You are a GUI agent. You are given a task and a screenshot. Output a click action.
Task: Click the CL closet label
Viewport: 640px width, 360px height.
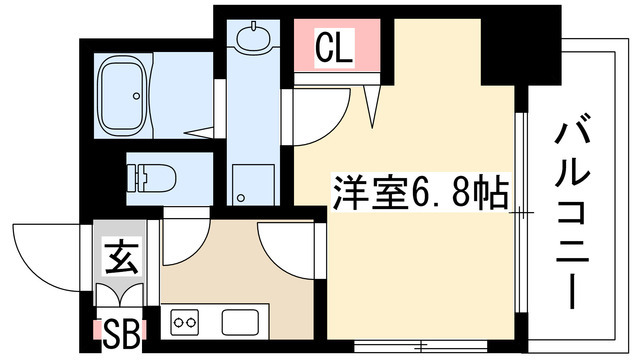(334, 48)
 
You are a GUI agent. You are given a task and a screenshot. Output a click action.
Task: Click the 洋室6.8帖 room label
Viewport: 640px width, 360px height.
(418, 190)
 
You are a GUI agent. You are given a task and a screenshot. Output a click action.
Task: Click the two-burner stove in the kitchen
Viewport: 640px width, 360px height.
(185, 323)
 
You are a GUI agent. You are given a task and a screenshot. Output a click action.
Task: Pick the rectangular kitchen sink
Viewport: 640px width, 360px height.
(241, 323)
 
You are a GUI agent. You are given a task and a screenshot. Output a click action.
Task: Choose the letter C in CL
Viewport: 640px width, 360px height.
(325, 48)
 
